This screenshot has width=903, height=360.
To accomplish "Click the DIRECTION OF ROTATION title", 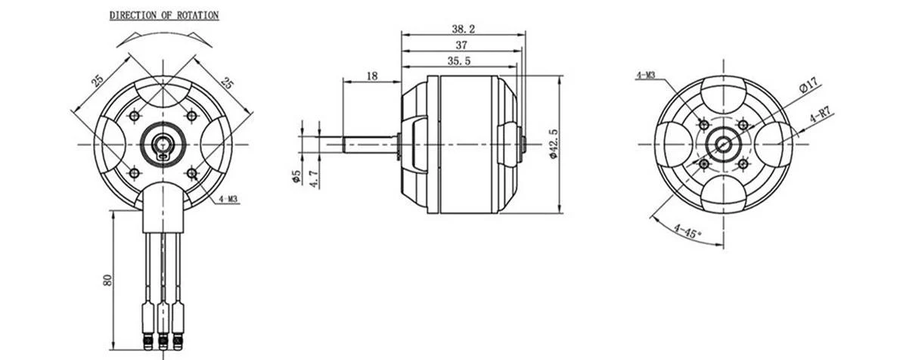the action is pyautogui.click(x=164, y=16).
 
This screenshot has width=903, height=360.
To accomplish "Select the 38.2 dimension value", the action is pyautogui.click(x=464, y=28).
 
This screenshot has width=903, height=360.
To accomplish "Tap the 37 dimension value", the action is pyautogui.click(x=461, y=45).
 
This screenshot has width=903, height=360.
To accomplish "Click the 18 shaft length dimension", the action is pyautogui.click(x=372, y=76).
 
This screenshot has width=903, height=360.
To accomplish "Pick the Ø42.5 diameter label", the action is pyautogui.click(x=554, y=144).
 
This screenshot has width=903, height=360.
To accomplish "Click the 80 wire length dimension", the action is pyautogui.click(x=107, y=281).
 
